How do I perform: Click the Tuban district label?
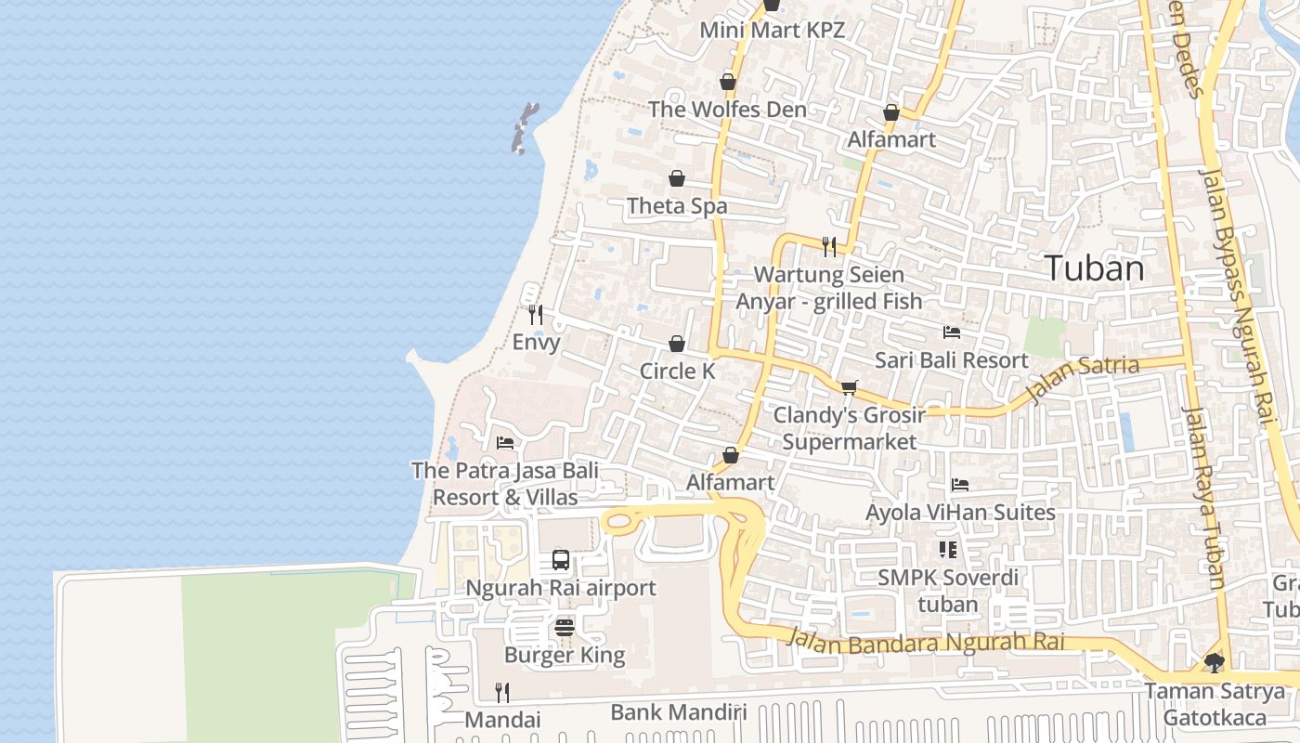[x=1095, y=268]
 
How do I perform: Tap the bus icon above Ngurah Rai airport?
[x=561, y=559]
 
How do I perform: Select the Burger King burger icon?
[x=564, y=628]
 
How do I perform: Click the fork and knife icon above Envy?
[x=535, y=314]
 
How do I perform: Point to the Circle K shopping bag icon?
[x=677, y=344]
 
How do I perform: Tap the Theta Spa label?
[x=677, y=206]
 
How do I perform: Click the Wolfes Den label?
[x=727, y=110]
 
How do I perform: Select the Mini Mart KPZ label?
[x=772, y=30]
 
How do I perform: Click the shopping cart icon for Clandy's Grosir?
[x=849, y=387]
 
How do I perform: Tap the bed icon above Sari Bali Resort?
[x=952, y=332]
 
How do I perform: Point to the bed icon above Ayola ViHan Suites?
[x=960, y=485]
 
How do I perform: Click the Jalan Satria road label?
[x=1083, y=379]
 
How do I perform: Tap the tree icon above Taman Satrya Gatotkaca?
[x=1214, y=662]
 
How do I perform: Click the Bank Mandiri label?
[x=678, y=712]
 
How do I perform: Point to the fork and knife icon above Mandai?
[x=502, y=692]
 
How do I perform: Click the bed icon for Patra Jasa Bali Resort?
[x=505, y=442]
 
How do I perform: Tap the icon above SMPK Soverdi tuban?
[x=947, y=550]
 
